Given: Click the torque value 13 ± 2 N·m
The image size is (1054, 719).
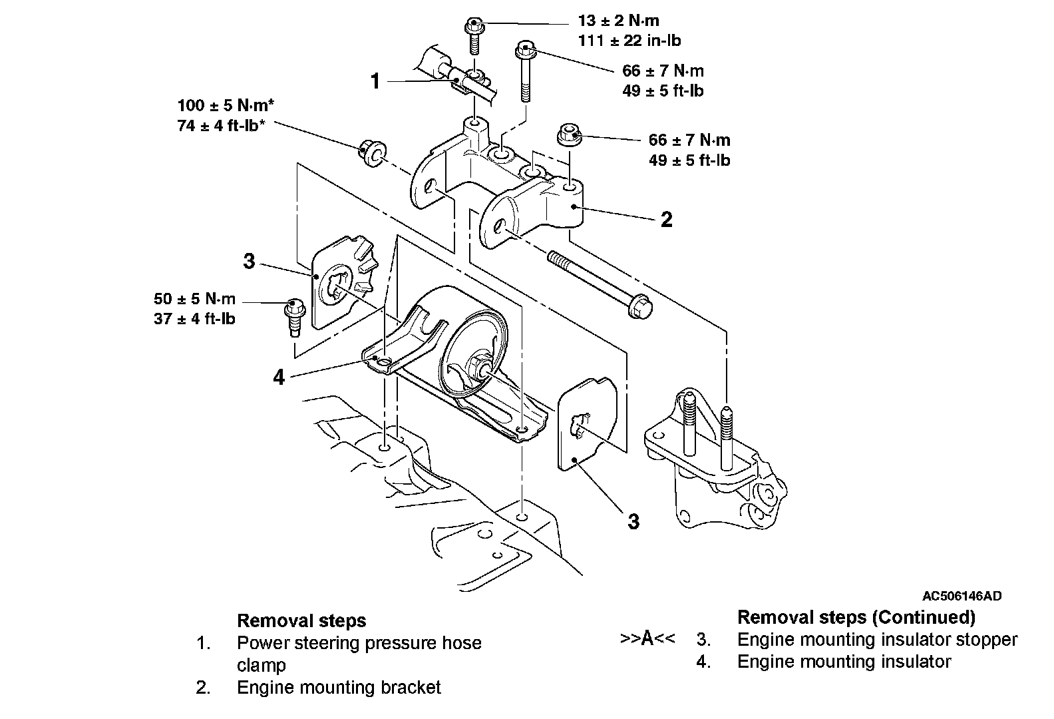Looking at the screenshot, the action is tap(618, 21).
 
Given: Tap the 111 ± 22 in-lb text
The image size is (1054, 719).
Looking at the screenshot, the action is tap(629, 41).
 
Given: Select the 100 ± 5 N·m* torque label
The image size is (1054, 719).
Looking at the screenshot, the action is tap(226, 105).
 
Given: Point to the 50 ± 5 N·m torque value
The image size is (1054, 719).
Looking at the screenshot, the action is tap(194, 298).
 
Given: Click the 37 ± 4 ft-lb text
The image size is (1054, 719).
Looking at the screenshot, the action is tap(194, 319).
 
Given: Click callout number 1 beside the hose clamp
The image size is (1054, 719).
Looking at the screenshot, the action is tap(375, 81).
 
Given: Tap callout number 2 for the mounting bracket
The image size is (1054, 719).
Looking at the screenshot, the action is tap(667, 220).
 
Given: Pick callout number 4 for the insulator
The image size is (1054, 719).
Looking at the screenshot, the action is tap(279, 377).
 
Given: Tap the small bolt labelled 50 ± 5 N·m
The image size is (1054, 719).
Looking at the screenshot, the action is tap(295, 308).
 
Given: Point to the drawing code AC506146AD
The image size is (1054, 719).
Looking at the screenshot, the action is tap(962, 596).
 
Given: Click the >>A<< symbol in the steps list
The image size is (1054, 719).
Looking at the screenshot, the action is tap(647, 638).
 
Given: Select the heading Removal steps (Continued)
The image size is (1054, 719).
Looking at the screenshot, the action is tap(856, 617).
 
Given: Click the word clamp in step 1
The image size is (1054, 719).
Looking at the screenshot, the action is tap(261, 665).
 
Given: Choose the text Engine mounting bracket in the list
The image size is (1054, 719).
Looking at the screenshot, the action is tap(339, 688).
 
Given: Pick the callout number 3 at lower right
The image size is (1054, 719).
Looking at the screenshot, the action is tap(634, 522).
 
